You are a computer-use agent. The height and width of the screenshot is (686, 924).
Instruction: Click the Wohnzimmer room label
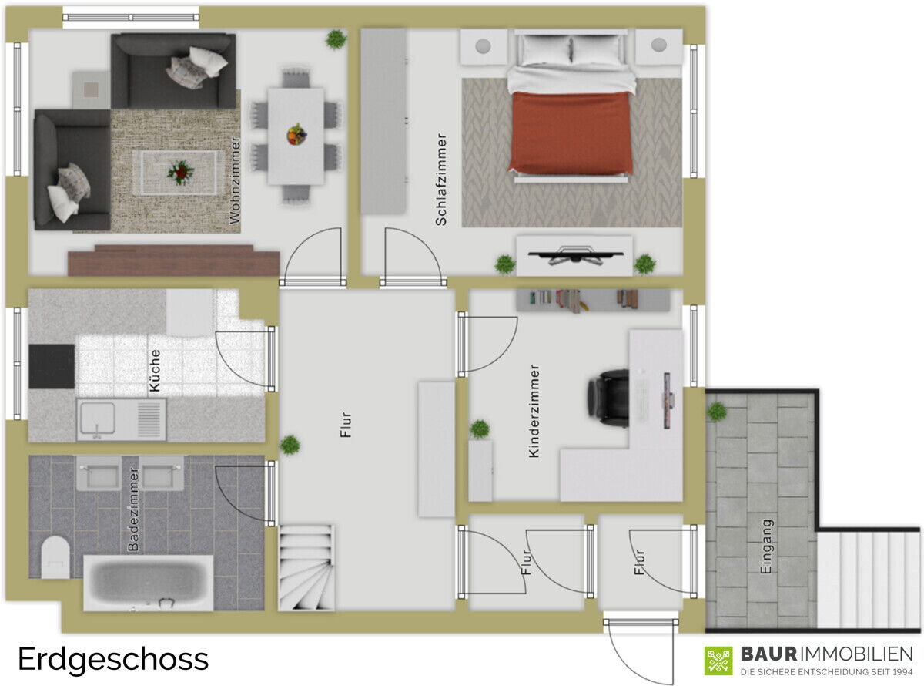coord(235,180)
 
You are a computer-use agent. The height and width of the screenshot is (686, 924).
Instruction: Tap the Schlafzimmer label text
coord(440,180)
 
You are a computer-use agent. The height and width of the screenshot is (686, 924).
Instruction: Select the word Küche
coord(155,371)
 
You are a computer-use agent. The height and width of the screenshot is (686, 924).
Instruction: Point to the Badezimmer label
coord(133,509)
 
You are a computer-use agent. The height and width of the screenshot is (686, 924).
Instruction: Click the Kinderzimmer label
coord(534,411)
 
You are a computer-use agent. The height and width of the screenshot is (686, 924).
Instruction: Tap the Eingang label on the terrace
coord(766,546)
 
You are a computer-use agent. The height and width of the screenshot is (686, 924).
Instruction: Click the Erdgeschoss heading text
coord(113,660)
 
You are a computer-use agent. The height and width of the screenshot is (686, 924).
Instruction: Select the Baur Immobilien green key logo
coord(718,661)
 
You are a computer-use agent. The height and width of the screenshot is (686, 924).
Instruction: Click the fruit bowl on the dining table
coord(296,134)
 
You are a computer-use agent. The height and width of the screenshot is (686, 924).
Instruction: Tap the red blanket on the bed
coord(571,133)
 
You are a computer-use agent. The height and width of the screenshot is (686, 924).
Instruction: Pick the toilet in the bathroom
coord(55,557)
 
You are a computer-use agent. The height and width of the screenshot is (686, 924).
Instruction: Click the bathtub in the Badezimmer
coord(149,583)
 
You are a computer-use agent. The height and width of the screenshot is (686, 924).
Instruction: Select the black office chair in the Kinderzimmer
coord(608,398)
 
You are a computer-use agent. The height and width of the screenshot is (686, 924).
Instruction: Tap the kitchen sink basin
coord(98,419)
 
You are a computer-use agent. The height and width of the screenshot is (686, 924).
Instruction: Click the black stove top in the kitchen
coord(52,367)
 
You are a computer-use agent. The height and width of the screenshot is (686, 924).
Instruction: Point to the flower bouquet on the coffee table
coord(180,173)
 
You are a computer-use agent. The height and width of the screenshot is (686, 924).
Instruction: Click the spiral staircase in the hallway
coord(306,568)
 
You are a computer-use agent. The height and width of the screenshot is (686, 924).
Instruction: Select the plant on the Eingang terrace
coord(717,412)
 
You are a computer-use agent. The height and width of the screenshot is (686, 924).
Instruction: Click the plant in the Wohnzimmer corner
coord(336,39)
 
